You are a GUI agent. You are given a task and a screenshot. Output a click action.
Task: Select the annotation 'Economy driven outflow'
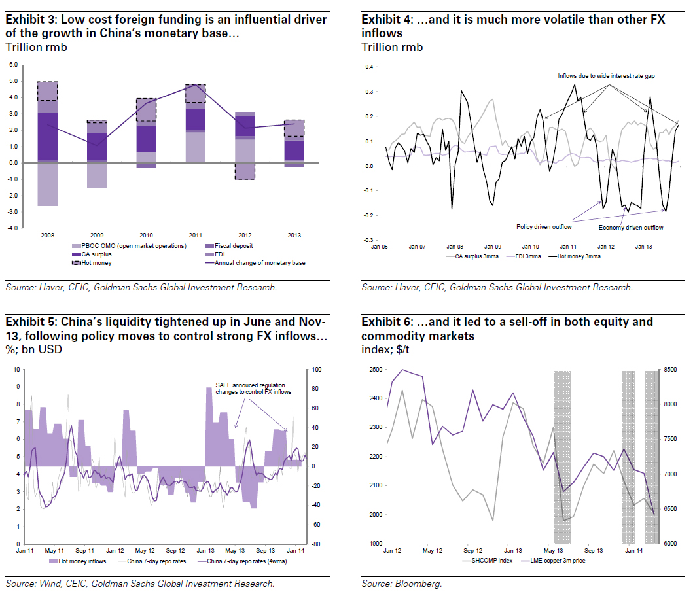631,228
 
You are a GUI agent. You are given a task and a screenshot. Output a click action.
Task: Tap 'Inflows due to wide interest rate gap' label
606,77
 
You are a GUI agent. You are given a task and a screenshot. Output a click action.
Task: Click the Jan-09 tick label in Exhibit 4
492,247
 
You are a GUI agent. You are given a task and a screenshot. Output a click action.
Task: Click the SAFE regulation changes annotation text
253,388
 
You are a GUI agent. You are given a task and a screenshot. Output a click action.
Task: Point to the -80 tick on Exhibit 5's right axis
314,544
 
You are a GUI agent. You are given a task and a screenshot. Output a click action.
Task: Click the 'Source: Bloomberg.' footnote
402,583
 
